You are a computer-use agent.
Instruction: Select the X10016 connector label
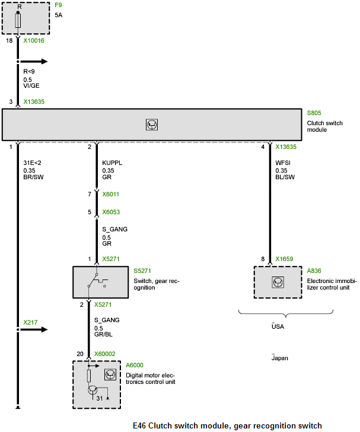[x=34, y=41]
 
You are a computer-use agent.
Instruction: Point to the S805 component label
[x=314, y=113]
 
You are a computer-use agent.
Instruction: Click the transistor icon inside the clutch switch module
[x=152, y=125]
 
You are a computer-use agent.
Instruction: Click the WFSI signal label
[x=283, y=161]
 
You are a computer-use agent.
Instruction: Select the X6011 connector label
[x=111, y=194]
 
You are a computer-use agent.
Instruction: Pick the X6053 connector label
[x=111, y=212]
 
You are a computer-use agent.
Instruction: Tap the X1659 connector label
[x=285, y=259]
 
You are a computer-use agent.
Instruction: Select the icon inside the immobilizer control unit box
[x=277, y=281]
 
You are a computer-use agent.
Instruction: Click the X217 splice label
[x=30, y=322]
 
